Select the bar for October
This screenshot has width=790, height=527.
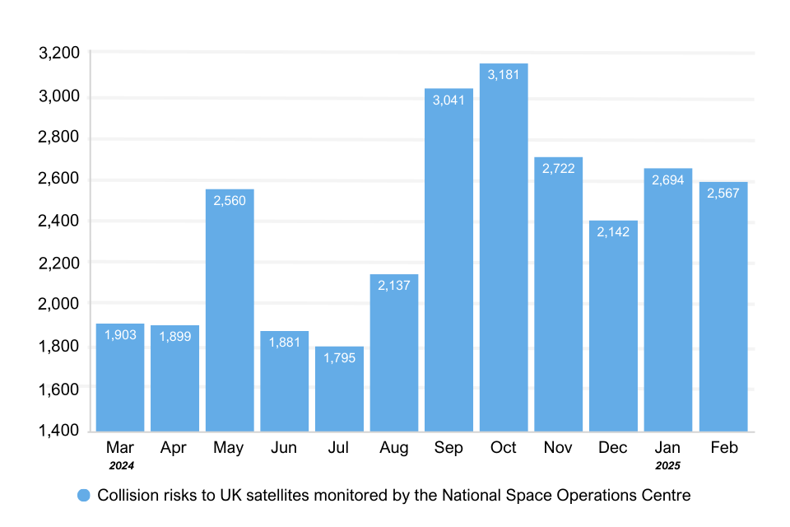click(x=504, y=247)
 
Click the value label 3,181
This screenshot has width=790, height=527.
click(x=504, y=75)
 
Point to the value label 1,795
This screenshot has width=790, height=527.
click(x=339, y=357)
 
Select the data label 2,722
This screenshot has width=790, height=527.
click(x=559, y=168)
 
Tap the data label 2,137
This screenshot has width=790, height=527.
click(x=394, y=286)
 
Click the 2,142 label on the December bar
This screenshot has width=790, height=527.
click(x=613, y=232)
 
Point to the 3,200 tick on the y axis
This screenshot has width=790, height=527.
click(x=59, y=54)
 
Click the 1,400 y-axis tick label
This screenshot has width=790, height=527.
click(x=59, y=430)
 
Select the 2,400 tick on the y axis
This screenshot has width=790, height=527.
click(x=59, y=221)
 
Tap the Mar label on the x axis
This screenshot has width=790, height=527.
click(x=120, y=448)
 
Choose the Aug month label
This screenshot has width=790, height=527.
click(x=394, y=448)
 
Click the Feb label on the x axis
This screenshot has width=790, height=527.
click(x=723, y=448)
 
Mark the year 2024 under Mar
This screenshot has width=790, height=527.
click(x=120, y=465)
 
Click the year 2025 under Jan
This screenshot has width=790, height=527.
click(x=668, y=465)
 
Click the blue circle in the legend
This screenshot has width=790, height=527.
click(x=83, y=496)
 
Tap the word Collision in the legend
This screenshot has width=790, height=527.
click(x=125, y=496)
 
